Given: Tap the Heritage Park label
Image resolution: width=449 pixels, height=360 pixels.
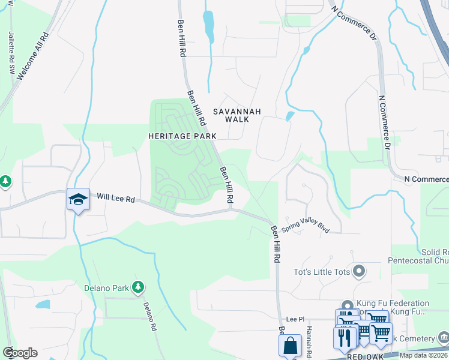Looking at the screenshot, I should (182, 136).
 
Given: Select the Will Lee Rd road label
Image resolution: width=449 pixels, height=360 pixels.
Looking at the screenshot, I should (116, 197).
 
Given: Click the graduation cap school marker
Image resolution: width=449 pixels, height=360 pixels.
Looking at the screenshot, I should (78, 200).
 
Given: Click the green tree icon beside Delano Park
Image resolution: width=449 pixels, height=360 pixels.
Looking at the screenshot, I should (138, 287).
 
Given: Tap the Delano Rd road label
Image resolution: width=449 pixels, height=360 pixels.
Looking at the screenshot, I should (149, 316).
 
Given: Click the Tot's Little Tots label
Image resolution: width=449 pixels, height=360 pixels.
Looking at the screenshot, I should (321, 272).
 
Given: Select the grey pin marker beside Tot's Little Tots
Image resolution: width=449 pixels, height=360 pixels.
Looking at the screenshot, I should (359, 272).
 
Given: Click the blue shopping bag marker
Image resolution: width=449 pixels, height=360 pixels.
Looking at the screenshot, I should (291, 346).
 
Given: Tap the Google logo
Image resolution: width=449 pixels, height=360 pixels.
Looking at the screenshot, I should (19, 353).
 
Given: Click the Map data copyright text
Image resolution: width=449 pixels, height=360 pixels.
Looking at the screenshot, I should (424, 355).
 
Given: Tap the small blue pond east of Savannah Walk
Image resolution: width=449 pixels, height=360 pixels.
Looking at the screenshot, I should (290, 116).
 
